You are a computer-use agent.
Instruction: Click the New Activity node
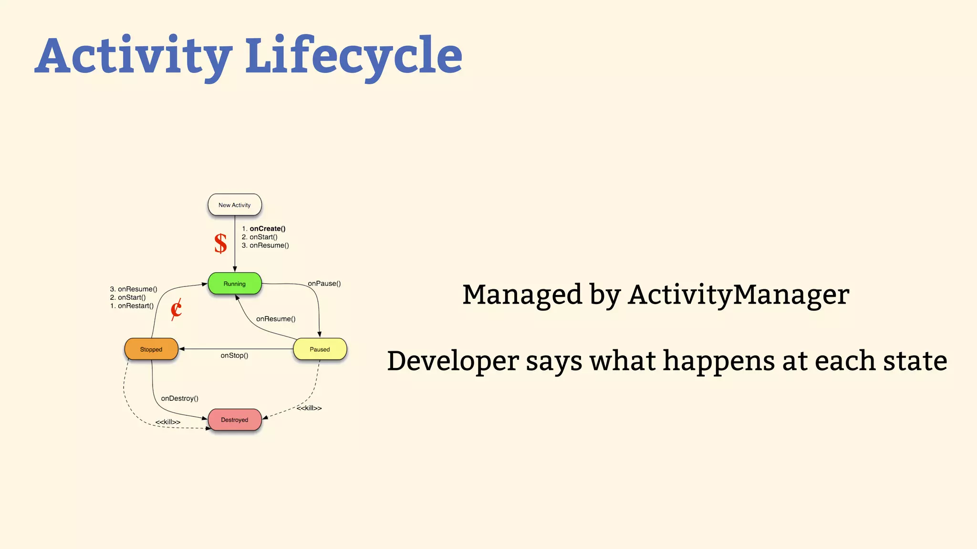point(234,205)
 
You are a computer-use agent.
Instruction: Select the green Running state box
point(234,284)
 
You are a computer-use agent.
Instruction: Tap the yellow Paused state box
point(320,349)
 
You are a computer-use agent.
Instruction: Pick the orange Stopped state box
point(151,349)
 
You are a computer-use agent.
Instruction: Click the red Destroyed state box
point(234,420)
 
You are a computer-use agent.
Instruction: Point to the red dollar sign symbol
point(220,244)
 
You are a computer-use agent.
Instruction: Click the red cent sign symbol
point(176,309)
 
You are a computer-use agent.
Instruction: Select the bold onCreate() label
point(267,229)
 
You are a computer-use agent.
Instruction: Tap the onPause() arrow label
point(324,284)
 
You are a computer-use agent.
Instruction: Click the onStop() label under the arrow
point(234,356)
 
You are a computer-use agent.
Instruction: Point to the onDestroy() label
point(179,398)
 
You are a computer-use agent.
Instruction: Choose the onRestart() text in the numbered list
point(135,306)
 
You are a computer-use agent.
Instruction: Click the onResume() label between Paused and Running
point(276,319)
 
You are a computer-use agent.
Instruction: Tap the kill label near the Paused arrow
point(309,408)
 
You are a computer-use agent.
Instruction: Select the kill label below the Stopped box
point(168,422)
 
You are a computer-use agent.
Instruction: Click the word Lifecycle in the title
point(353,56)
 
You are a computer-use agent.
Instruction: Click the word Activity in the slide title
point(134,56)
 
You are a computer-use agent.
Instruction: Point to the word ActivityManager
point(738,295)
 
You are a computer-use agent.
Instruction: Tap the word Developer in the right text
point(452,361)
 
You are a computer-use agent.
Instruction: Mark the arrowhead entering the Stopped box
point(182,349)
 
